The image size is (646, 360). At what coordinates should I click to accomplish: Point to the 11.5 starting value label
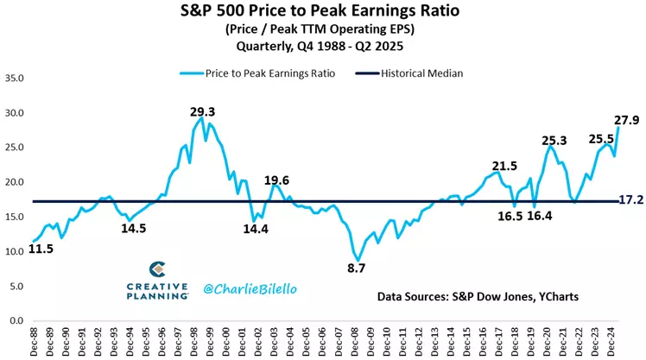(x=41, y=249)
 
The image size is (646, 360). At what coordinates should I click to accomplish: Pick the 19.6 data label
(x=276, y=180)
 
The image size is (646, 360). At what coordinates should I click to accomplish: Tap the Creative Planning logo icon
(x=157, y=269)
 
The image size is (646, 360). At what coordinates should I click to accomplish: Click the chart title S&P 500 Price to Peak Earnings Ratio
(x=323, y=14)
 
